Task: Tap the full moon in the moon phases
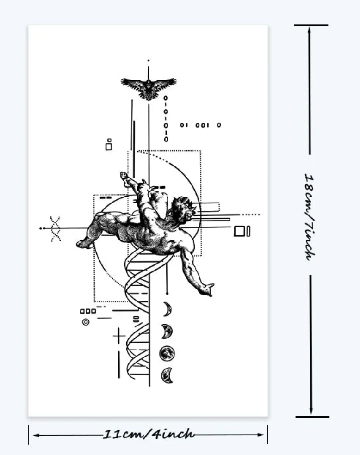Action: (x=167, y=353)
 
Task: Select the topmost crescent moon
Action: (x=168, y=309)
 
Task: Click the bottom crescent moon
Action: (x=167, y=375)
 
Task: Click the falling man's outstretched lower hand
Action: (x=207, y=289)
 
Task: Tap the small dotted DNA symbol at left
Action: (x=55, y=229)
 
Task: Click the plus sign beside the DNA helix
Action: (x=119, y=336)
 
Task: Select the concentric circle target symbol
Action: (x=86, y=322)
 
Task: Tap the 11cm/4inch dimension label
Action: (x=149, y=434)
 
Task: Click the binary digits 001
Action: (x=202, y=125)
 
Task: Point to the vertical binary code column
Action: (x=166, y=119)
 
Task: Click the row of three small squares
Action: (x=88, y=311)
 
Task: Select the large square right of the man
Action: (x=240, y=231)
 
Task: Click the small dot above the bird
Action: (x=149, y=61)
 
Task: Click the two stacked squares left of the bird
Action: (x=109, y=145)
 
